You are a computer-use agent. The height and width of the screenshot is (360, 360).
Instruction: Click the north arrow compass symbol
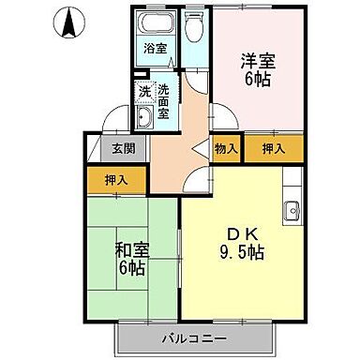68,23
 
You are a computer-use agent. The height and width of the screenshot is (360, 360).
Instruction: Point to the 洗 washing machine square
144,92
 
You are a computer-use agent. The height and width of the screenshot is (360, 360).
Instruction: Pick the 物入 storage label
226,147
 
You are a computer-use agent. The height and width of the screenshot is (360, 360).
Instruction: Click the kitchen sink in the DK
292,209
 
